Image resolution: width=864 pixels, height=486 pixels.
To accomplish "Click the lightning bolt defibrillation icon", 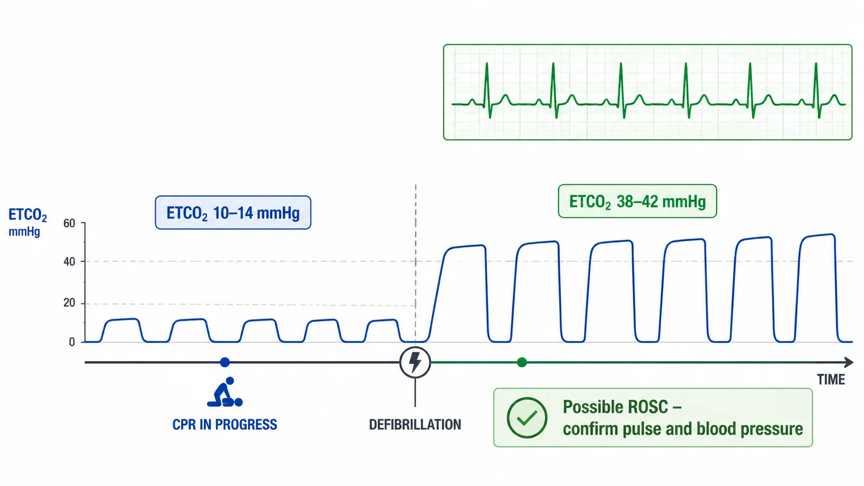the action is coord(415,362).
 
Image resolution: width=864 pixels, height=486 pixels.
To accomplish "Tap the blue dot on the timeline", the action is coord(225,362).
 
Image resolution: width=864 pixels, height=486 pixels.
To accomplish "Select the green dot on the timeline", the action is coord(522,362).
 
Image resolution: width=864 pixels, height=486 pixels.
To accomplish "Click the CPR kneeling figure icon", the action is coord(225,392).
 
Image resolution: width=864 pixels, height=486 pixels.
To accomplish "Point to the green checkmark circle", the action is coord(527,418).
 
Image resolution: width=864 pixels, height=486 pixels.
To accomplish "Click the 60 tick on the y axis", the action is coord(69,223).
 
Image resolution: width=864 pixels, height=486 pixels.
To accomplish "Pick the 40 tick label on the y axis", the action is coord(69,262).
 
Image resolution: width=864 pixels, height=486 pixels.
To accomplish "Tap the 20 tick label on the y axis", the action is coord(69,303).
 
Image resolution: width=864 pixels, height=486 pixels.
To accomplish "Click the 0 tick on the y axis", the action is coord(72,342).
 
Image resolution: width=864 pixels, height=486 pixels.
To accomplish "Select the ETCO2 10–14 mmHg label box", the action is coord(233,213).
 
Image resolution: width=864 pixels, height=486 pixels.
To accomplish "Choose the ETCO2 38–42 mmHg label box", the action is coord(638,201).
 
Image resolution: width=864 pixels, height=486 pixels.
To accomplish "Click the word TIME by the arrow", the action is coord(831,380).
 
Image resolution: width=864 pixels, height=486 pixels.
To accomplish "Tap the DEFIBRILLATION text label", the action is coord(415,425).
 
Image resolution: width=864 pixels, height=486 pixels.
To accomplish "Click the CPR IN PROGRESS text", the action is coord(225,425).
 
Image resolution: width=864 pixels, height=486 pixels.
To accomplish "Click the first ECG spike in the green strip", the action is coord(487,90).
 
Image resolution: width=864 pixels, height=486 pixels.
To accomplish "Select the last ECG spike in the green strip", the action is coord(816,90).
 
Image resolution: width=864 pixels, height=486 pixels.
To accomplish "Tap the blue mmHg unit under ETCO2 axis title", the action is coord(24,232).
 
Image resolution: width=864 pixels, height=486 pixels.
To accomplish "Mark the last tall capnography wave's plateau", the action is coord(817,236).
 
